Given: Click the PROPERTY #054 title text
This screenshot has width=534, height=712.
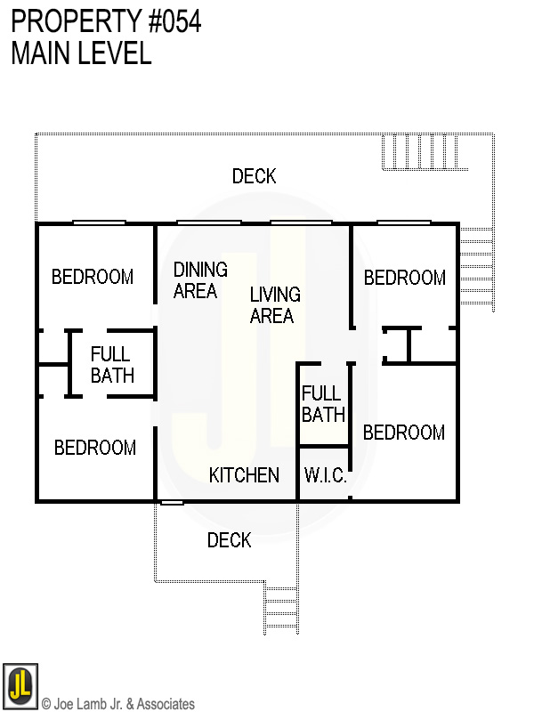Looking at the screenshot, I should (106, 21).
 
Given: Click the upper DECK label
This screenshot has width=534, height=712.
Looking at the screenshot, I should (254, 176).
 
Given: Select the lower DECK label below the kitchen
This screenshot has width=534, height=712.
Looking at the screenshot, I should (229, 540).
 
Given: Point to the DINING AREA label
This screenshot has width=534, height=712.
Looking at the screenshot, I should (200, 279).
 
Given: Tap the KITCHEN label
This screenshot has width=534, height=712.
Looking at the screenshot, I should (244, 475).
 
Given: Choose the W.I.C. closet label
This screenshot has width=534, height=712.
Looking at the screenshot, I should (325, 476).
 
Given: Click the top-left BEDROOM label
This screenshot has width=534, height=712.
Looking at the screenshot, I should (93, 277).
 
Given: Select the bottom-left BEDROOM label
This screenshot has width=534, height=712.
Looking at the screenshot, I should (95, 448).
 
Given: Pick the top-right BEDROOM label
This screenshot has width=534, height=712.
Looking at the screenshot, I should (404, 278).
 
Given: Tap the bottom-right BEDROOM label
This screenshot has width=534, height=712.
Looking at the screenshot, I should (403, 433).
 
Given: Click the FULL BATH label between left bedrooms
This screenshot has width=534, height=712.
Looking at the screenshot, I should (112, 365).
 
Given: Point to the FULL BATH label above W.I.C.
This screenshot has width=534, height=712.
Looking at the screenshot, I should (323, 403).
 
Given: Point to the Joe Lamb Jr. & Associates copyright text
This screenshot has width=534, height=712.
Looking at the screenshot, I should (118, 704).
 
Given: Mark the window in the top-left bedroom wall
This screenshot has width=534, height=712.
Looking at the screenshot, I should (99, 222).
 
